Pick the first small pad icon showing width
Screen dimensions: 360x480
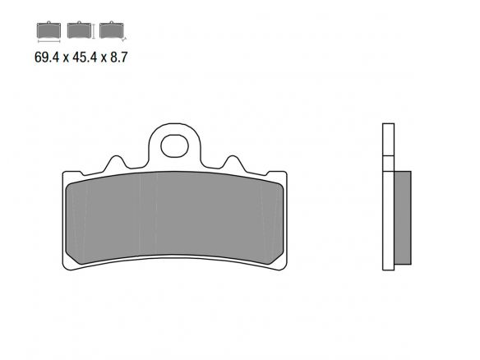tap(48, 30)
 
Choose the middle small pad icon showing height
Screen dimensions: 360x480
tap(79, 30)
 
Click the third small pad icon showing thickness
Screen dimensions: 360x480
tap(108, 30)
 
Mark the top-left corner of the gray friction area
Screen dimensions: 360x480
tap(68, 178)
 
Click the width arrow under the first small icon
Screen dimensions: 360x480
tap(48, 40)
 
